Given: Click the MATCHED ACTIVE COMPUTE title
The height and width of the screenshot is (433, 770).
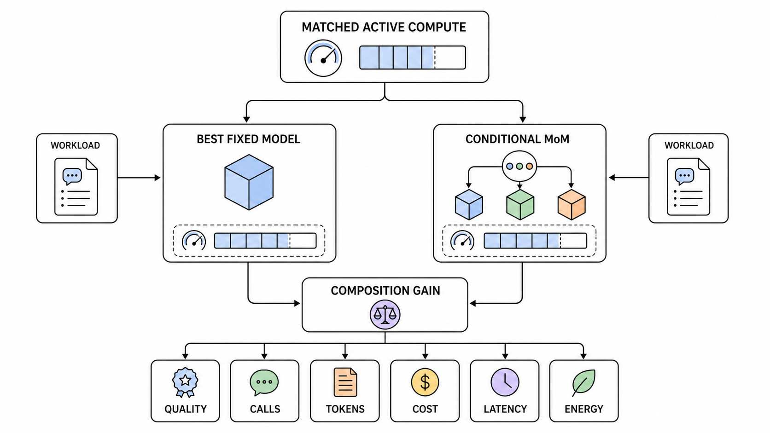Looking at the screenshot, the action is tap(384, 27).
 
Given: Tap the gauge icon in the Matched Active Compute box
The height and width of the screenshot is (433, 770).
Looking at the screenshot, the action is tap(323, 58).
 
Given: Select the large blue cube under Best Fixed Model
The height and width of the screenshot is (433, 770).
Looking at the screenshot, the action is tap(249, 182).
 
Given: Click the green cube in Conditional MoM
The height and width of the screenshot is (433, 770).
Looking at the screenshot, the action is tap(520, 204).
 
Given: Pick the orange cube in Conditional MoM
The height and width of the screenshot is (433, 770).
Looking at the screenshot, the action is tap(572, 204).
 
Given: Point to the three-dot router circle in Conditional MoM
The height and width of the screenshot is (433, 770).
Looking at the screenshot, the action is tap(519, 166).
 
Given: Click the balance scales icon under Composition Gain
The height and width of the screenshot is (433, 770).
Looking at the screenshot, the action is tap(385, 315).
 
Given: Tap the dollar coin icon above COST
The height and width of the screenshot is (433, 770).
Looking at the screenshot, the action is tap(425, 382).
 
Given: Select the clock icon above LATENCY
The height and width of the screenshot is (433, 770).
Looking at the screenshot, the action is tap(505, 382).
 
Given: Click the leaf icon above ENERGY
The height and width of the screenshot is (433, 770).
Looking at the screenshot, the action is tap(583, 382).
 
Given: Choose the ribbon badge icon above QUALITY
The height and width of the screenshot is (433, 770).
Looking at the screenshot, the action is tap(185, 382).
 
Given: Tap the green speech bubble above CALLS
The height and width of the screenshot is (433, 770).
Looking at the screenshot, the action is tap(264, 382).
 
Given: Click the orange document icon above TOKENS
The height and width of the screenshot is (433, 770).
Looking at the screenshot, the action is tap(345, 382).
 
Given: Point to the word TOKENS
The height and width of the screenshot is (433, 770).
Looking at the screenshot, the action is tap(345, 409).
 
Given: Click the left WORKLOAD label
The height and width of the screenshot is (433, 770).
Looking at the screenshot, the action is tap(75, 145).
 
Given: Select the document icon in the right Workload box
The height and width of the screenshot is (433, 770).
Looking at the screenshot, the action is tap(688, 186).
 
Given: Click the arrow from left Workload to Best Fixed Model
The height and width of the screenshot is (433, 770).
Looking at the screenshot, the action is tap(139, 178).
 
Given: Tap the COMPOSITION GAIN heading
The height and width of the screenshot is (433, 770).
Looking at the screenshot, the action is tap(385, 290).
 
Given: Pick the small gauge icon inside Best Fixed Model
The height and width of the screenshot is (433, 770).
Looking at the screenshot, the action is tap(194, 240).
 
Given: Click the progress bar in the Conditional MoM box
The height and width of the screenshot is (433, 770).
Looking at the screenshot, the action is tap(535, 241).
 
